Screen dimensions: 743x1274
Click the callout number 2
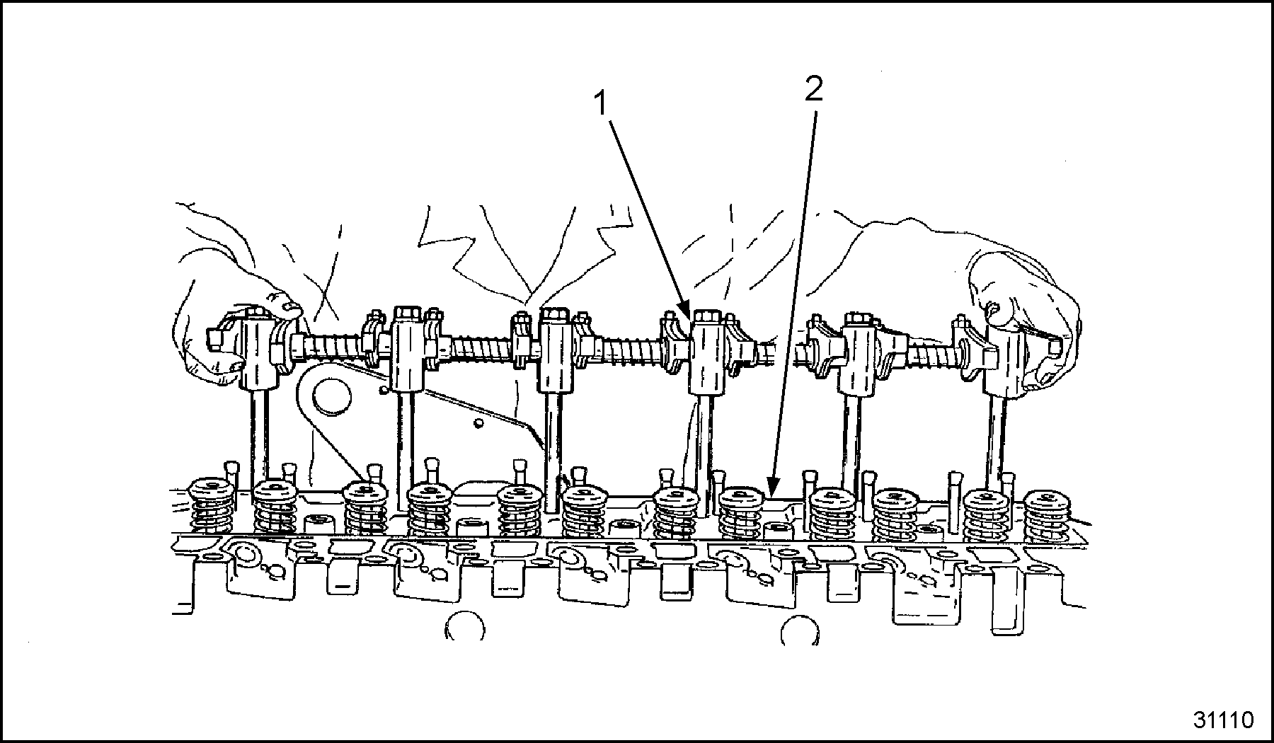(x=814, y=90)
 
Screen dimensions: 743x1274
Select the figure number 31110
(x=1223, y=720)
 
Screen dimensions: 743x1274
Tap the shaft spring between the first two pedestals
(x=333, y=347)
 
